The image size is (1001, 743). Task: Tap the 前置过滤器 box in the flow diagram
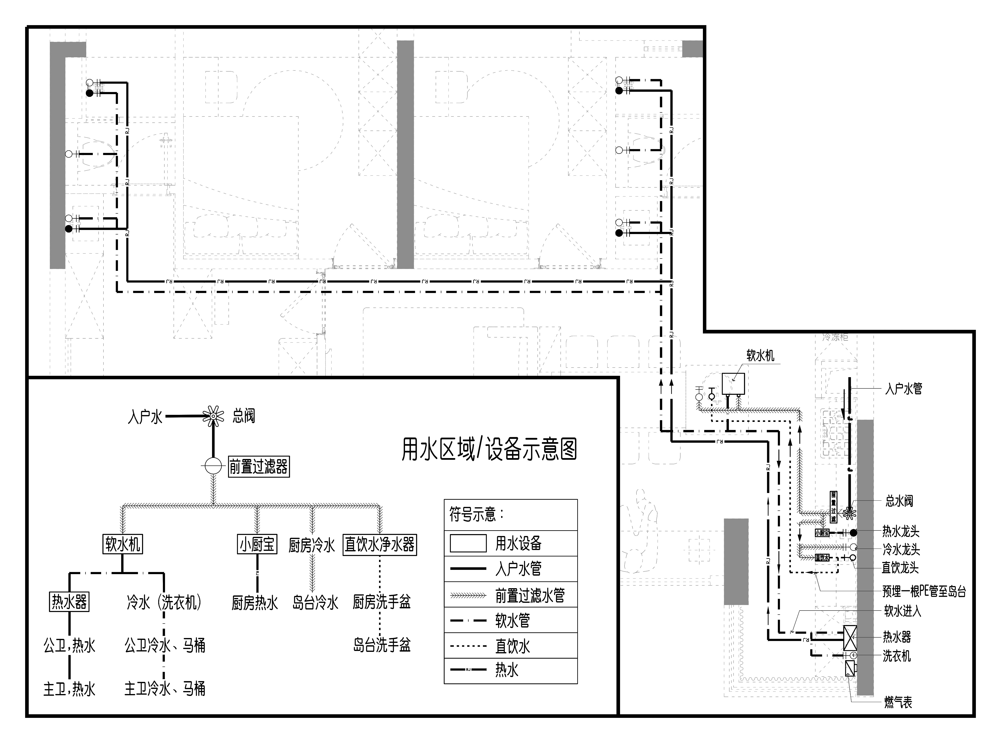point(259,466)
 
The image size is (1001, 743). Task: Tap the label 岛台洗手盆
point(381,645)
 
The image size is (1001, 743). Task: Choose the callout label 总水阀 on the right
point(899,501)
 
